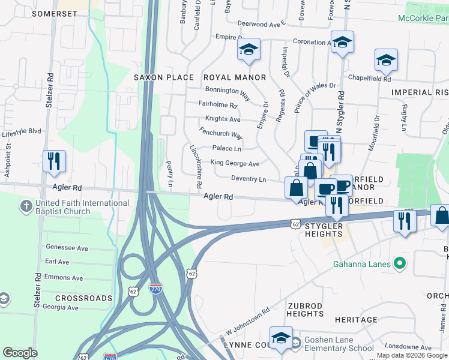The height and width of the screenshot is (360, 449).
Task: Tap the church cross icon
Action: coord(25,207)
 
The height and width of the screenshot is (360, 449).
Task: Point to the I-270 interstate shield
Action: coord(155,289)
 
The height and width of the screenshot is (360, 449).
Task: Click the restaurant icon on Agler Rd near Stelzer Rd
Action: coord(54,161)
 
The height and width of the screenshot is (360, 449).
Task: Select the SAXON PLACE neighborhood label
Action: coord(164,77)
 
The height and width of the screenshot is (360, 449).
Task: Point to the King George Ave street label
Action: coord(235,163)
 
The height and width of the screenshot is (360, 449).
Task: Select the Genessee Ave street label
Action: coord(67,248)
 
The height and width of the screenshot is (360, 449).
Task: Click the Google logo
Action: coord(20,353)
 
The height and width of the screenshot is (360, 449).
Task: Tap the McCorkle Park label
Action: coord(423,18)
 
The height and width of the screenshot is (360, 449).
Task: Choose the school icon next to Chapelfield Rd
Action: coord(386,60)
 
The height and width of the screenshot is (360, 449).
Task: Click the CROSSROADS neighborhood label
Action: coord(84,298)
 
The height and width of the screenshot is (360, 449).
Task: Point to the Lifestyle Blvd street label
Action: coord(21,131)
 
